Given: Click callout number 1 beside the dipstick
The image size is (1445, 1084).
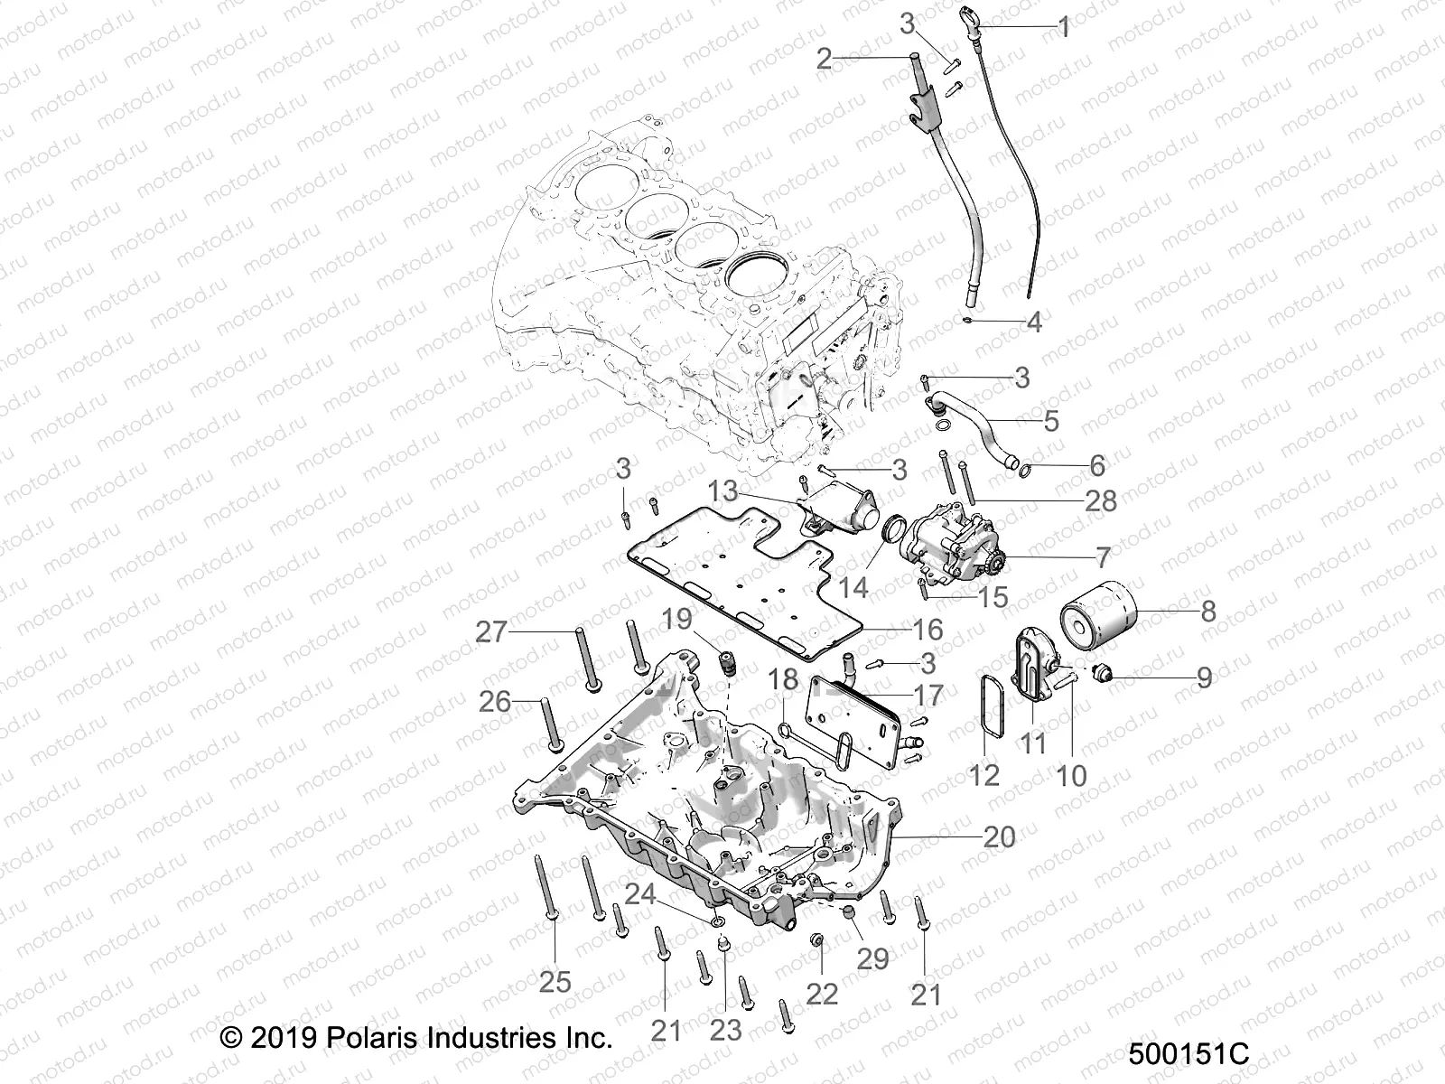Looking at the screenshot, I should pyautogui.click(x=1063, y=27).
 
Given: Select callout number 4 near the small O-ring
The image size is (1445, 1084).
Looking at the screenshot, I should pyautogui.click(x=1034, y=322).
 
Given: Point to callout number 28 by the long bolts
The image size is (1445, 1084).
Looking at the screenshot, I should pyautogui.click(x=1100, y=500).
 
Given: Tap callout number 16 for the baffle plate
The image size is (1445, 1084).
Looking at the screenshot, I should pyautogui.click(x=928, y=630).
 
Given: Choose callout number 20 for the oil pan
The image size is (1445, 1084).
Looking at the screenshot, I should pyautogui.click(x=999, y=837).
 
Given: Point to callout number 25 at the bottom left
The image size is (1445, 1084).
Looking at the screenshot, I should pyautogui.click(x=555, y=981).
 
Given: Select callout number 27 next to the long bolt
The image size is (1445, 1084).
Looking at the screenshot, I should pyautogui.click(x=492, y=631).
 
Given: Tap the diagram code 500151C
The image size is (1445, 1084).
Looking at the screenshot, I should pyautogui.click(x=1188, y=1054).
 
